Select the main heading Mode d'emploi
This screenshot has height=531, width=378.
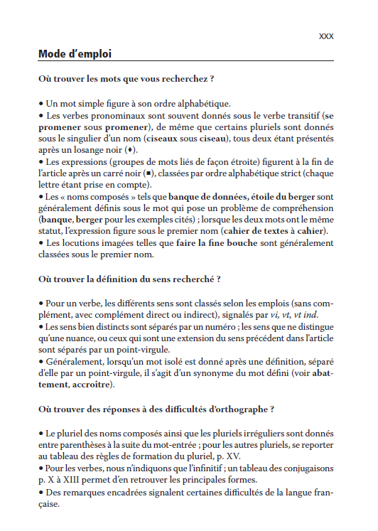(75, 53)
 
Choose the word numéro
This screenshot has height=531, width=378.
(215, 326)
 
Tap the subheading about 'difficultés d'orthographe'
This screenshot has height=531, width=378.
(156, 409)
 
